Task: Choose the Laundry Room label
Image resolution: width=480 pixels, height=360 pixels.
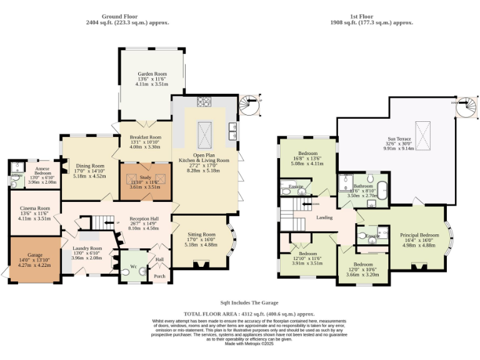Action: (x=87, y=248)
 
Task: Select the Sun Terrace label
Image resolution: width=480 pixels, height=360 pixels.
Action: (x=399, y=139)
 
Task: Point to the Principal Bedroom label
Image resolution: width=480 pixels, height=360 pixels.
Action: (x=419, y=235)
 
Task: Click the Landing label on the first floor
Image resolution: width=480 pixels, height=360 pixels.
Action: (x=324, y=217)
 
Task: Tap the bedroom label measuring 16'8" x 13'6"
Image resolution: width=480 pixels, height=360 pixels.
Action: (x=307, y=154)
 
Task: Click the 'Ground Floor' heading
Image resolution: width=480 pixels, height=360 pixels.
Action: (x=127, y=17)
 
